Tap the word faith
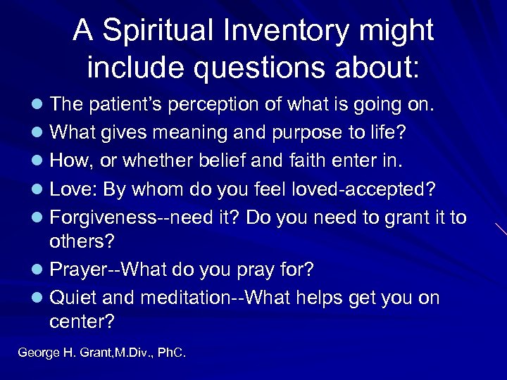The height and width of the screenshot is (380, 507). (x=299, y=161)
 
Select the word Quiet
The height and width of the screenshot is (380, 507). (x=74, y=297)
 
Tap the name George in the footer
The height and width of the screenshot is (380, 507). (x=38, y=353)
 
